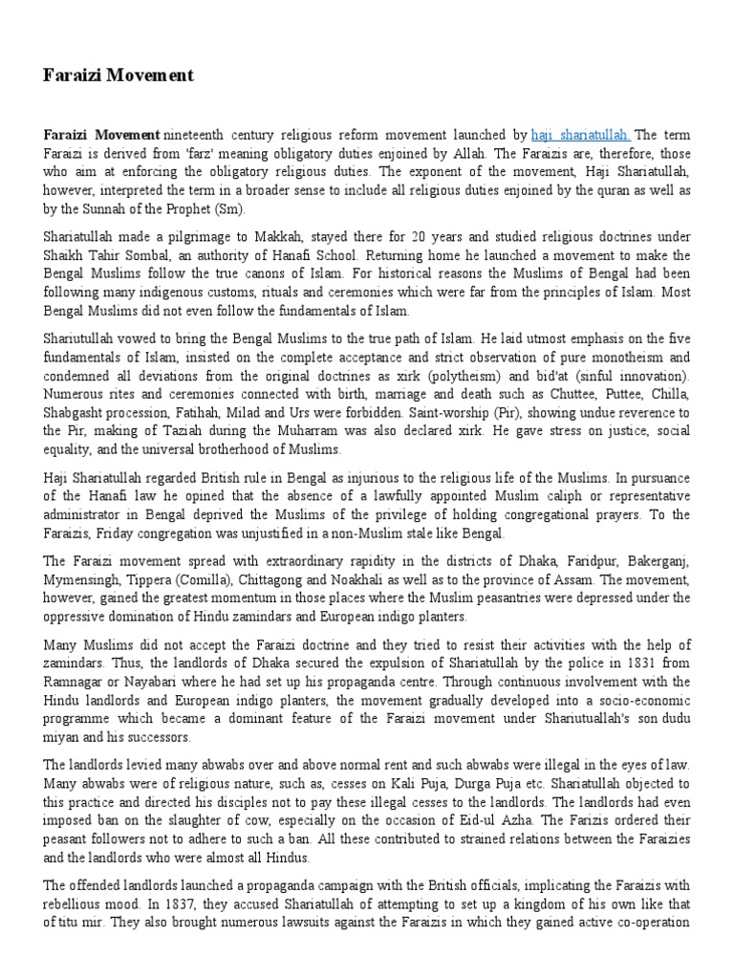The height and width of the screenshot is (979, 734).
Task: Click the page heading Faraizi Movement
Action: point(119,75)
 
